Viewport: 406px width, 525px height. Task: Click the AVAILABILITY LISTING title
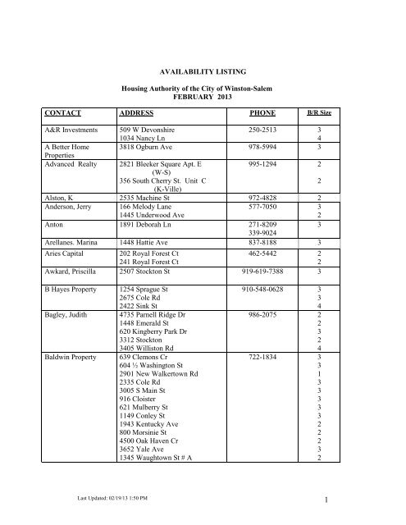(x=202, y=72)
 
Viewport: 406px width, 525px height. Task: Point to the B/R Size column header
(x=318, y=113)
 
